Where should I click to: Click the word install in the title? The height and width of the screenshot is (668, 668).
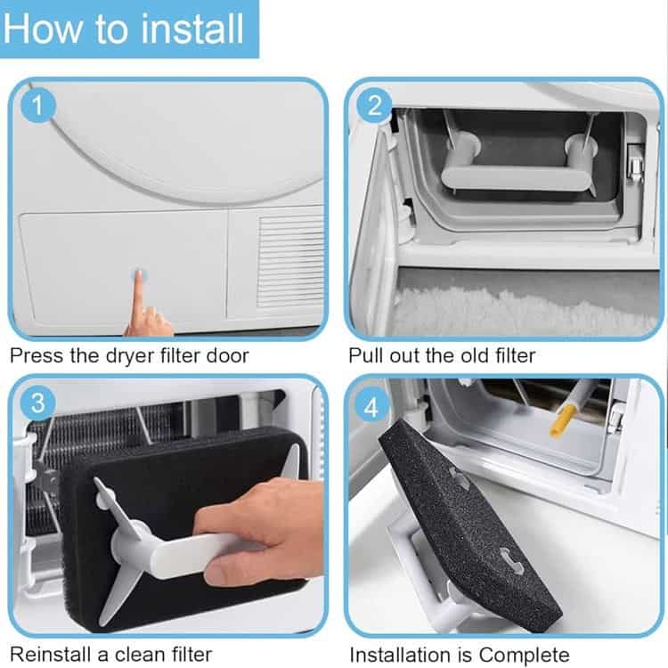[192, 29]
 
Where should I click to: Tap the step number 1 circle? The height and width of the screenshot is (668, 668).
[38, 105]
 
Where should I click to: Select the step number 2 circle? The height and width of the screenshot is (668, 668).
[374, 105]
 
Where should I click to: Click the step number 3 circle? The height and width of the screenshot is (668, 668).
[38, 403]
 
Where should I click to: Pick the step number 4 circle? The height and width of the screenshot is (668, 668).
[371, 407]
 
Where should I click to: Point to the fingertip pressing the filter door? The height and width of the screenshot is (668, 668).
[139, 275]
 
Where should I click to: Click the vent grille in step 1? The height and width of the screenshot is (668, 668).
[290, 261]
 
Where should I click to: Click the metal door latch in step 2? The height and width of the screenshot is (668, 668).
[635, 164]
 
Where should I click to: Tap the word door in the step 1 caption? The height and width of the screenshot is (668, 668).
[227, 355]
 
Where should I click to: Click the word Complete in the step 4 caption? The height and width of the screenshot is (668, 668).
[524, 654]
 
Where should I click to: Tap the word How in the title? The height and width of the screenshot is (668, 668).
[42, 29]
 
